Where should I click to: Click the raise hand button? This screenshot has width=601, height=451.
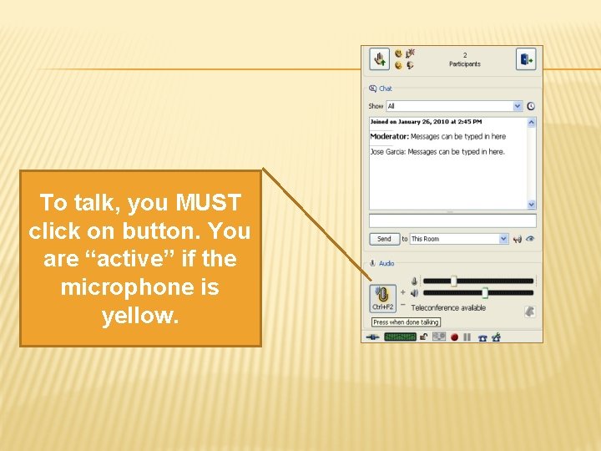[380, 59]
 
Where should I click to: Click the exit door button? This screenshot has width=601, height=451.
[526, 59]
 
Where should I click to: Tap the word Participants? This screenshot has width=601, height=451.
[465, 64]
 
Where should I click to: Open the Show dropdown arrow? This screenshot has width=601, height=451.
[518, 106]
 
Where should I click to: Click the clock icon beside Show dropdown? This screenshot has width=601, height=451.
[531, 106]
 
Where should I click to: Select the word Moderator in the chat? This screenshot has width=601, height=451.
[389, 136]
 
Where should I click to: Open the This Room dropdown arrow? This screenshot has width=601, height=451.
[503, 239]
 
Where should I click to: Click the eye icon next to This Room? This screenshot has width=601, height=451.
[531, 239]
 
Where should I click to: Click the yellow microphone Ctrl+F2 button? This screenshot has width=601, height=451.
[382, 298]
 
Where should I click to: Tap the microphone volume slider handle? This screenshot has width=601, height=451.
[453, 281]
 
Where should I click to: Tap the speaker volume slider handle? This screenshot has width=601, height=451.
[484, 293]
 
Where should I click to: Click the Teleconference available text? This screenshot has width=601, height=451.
[448, 308]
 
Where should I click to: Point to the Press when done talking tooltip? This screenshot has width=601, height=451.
[406, 322]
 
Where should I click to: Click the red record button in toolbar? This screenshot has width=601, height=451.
[455, 337]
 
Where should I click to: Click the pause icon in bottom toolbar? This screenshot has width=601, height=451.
[467, 337]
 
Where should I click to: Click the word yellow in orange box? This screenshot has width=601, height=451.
[140, 317]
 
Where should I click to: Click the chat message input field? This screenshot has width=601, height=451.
[452, 220]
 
